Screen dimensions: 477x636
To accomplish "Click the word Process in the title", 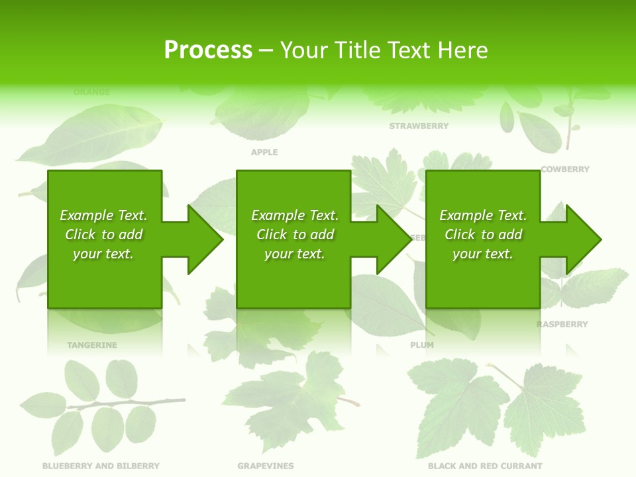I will coord(208,50).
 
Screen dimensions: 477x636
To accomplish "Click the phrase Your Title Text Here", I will coord(384,50).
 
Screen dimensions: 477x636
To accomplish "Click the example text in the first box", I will coord(103,235).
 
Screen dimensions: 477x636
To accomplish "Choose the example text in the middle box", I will coord(295,235).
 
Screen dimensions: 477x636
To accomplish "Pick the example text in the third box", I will coord(483,235).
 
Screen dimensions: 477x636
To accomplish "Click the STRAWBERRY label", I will coord(419,126).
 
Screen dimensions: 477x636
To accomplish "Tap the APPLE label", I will coord(264,152).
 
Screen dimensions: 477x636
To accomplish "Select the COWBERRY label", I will coord(564,170).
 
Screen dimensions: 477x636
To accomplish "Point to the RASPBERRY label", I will coord(562,325).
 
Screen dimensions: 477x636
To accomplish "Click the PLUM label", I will coord(422,345).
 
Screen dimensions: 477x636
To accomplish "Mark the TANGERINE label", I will coord(91,345).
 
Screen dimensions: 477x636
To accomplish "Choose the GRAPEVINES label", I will coord(265,466).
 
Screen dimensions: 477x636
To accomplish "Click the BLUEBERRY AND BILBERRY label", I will coord(101,466).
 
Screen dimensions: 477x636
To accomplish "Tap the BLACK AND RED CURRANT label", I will coord(485,466).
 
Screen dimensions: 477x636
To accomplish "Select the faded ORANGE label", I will coord(91,92).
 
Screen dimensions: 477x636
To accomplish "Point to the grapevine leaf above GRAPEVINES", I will coord(291,397).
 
